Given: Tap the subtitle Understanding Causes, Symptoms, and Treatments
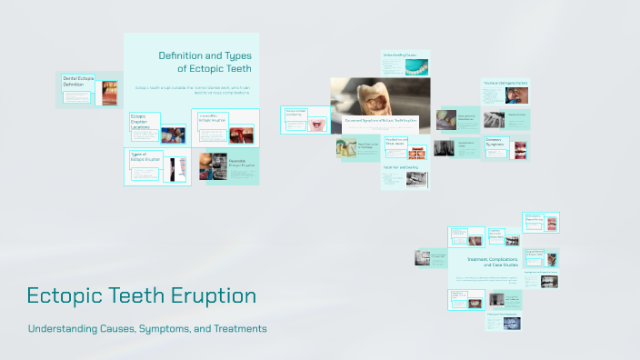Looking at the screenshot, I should [x=147, y=328].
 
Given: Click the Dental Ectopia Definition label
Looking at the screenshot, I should [x=78, y=82].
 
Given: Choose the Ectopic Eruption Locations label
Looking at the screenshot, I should [x=144, y=122].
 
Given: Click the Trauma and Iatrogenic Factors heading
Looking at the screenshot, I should [x=505, y=83].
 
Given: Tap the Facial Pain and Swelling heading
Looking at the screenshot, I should [x=401, y=167].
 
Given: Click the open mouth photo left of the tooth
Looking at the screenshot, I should [x=318, y=125].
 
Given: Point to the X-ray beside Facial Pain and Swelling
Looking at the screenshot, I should [x=415, y=179].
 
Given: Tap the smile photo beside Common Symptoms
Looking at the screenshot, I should [x=521, y=148].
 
